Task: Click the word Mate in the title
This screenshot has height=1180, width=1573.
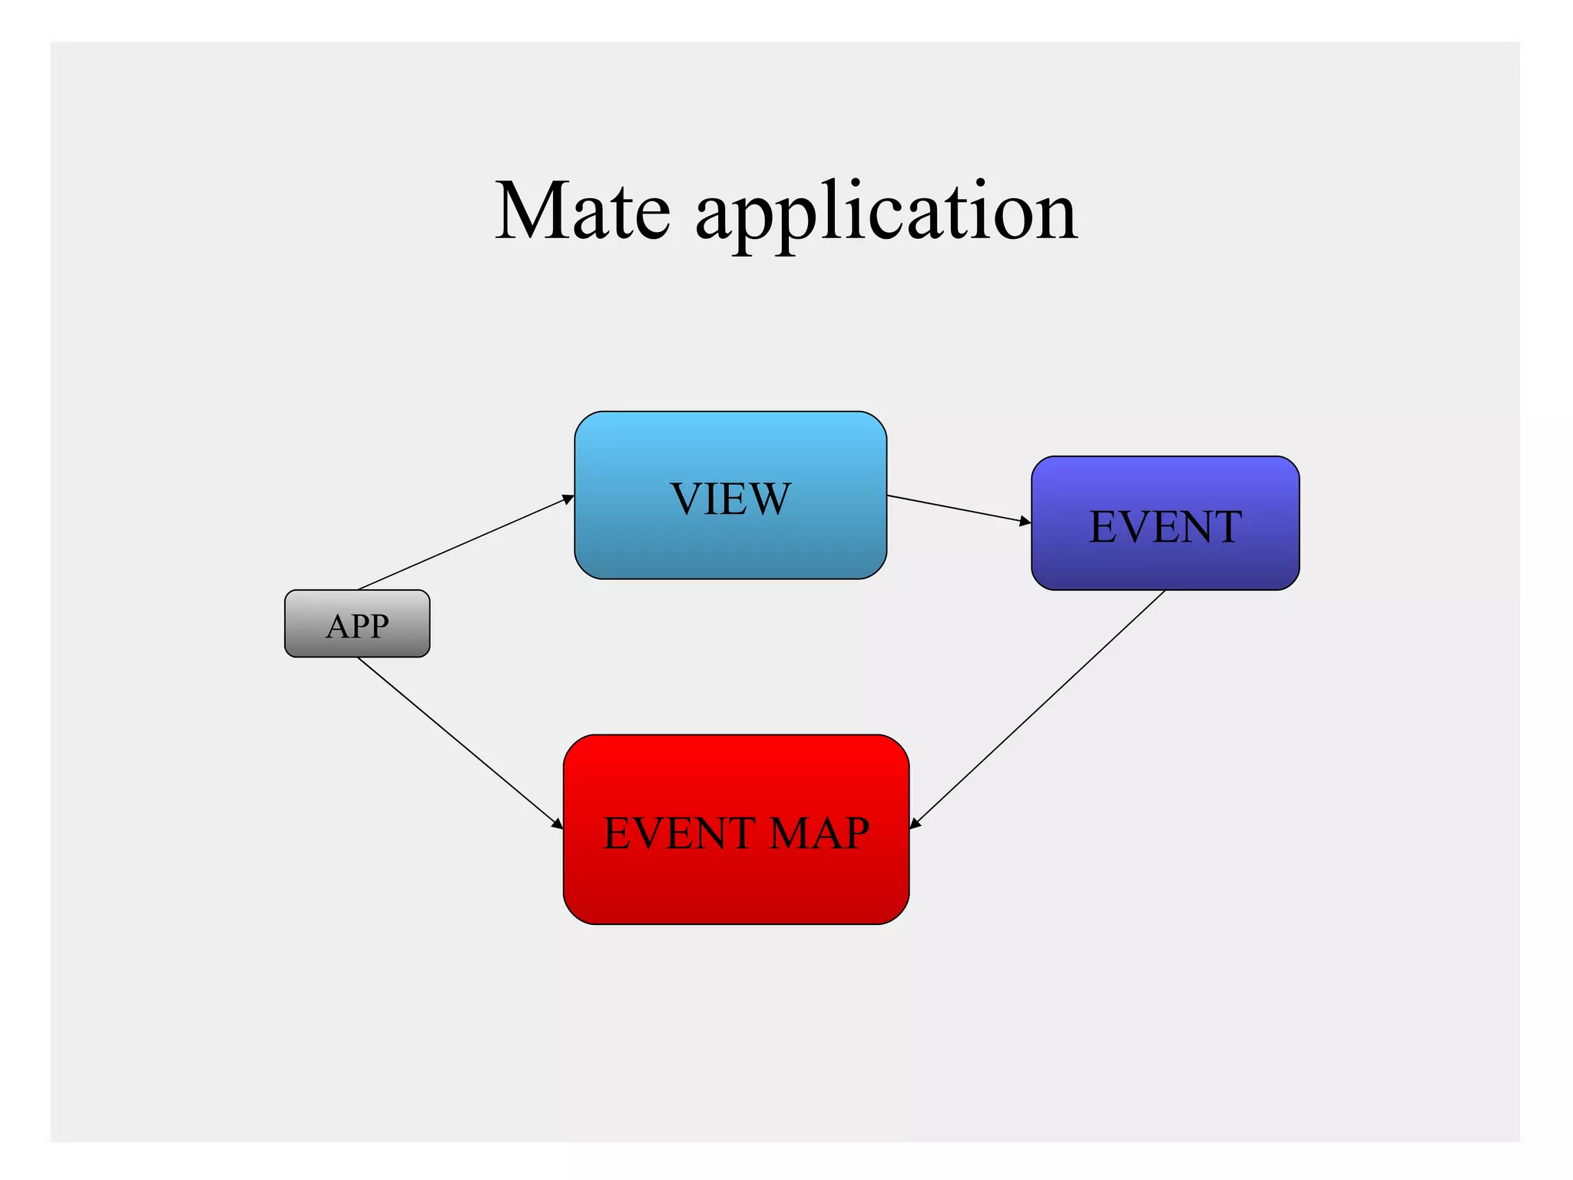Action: [x=582, y=211]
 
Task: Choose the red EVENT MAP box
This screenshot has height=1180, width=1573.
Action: [x=735, y=883]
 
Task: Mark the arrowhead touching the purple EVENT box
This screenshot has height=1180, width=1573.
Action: [x=1025, y=522]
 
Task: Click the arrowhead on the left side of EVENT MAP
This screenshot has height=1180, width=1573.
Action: [x=558, y=824]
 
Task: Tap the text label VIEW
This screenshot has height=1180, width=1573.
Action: [x=730, y=499]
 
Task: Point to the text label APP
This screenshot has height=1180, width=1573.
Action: [x=357, y=626]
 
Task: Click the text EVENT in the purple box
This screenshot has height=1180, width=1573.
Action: [x=1164, y=527]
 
